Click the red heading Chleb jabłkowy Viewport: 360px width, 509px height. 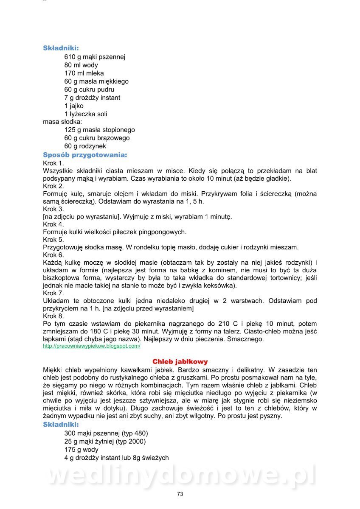pyautogui.click(x=180, y=362)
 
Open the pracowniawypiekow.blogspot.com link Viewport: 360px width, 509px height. pyautogui.click(x=92, y=346)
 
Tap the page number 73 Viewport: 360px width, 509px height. pyautogui.click(x=180, y=494)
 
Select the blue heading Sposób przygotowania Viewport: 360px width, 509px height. pyautogui.click(x=85, y=155)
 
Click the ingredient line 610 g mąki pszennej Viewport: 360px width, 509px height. pyautogui.click(x=95, y=57)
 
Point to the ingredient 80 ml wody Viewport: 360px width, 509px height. pyautogui.click(x=81, y=65)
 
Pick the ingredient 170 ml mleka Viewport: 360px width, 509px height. pyautogui.click(x=84, y=73)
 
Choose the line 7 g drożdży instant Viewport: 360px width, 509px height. pyautogui.click(x=92, y=98)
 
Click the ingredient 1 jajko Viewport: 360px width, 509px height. pyautogui.click(x=74, y=106)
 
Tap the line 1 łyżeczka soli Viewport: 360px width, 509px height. pyautogui.click(x=86, y=114)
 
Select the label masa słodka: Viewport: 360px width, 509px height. pyautogui.click(x=62, y=122)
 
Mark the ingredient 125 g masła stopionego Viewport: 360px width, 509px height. pyautogui.click(x=99, y=130)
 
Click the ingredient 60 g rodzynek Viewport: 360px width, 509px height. pyautogui.click(x=85, y=146)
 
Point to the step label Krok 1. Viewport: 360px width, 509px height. pyautogui.click(x=53, y=163)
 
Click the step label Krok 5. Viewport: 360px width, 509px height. pyautogui.click(x=53, y=240)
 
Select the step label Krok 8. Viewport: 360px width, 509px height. pyautogui.click(x=53, y=316)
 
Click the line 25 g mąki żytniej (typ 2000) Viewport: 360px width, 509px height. pyautogui.click(x=105, y=442)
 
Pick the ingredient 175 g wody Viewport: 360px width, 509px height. pyautogui.click(x=81, y=450)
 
